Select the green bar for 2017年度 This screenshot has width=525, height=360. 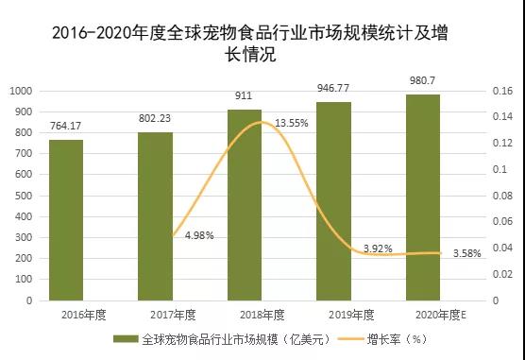155,216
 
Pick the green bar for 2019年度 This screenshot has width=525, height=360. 333,201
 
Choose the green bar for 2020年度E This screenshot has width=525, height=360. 422,197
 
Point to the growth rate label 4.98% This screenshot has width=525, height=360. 199,235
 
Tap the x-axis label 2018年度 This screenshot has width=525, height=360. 245,314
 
